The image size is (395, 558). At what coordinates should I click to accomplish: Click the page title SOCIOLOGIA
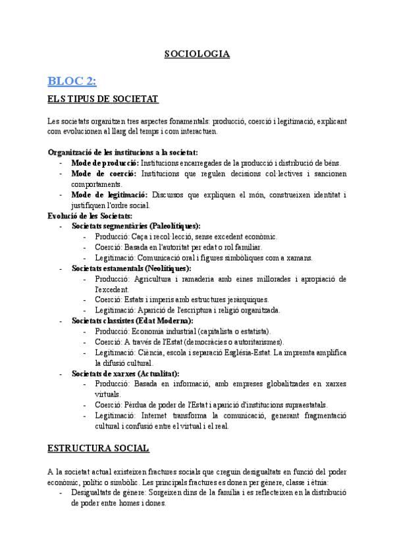point(197,54)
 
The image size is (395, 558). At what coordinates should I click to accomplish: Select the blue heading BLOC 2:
point(72,81)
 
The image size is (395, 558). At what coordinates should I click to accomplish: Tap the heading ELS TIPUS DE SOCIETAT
point(103,99)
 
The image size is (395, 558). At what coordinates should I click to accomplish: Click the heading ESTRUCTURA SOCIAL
point(98,449)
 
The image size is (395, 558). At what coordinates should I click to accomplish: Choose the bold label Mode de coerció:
point(103,174)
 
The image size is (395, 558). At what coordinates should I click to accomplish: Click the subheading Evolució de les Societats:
point(90,215)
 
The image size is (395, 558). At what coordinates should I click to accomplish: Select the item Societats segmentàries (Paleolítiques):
point(136,226)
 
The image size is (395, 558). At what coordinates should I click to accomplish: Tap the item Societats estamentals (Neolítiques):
point(132,268)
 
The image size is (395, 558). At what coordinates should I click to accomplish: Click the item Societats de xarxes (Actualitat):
point(126,374)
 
